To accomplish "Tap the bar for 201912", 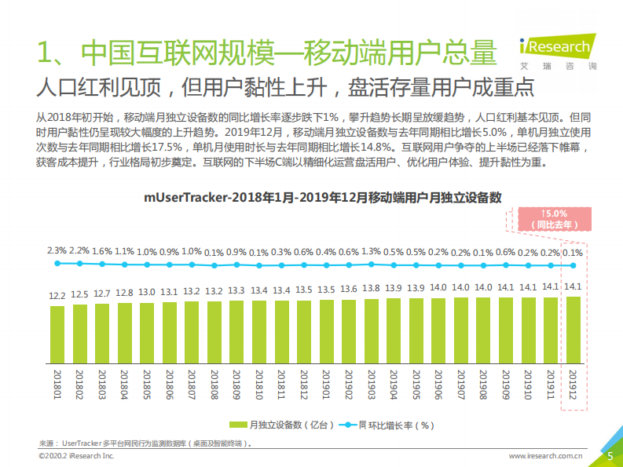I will click(574, 330).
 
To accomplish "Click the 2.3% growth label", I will click(57, 250).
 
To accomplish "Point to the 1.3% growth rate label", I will click(372, 251).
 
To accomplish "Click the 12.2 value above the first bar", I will click(57, 297).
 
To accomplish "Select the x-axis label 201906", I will click(439, 385).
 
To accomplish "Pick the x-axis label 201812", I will click(304, 385).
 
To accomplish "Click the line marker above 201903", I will click(372, 265).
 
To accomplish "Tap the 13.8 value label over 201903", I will click(372, 288).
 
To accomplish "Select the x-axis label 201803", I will click(102, 385).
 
